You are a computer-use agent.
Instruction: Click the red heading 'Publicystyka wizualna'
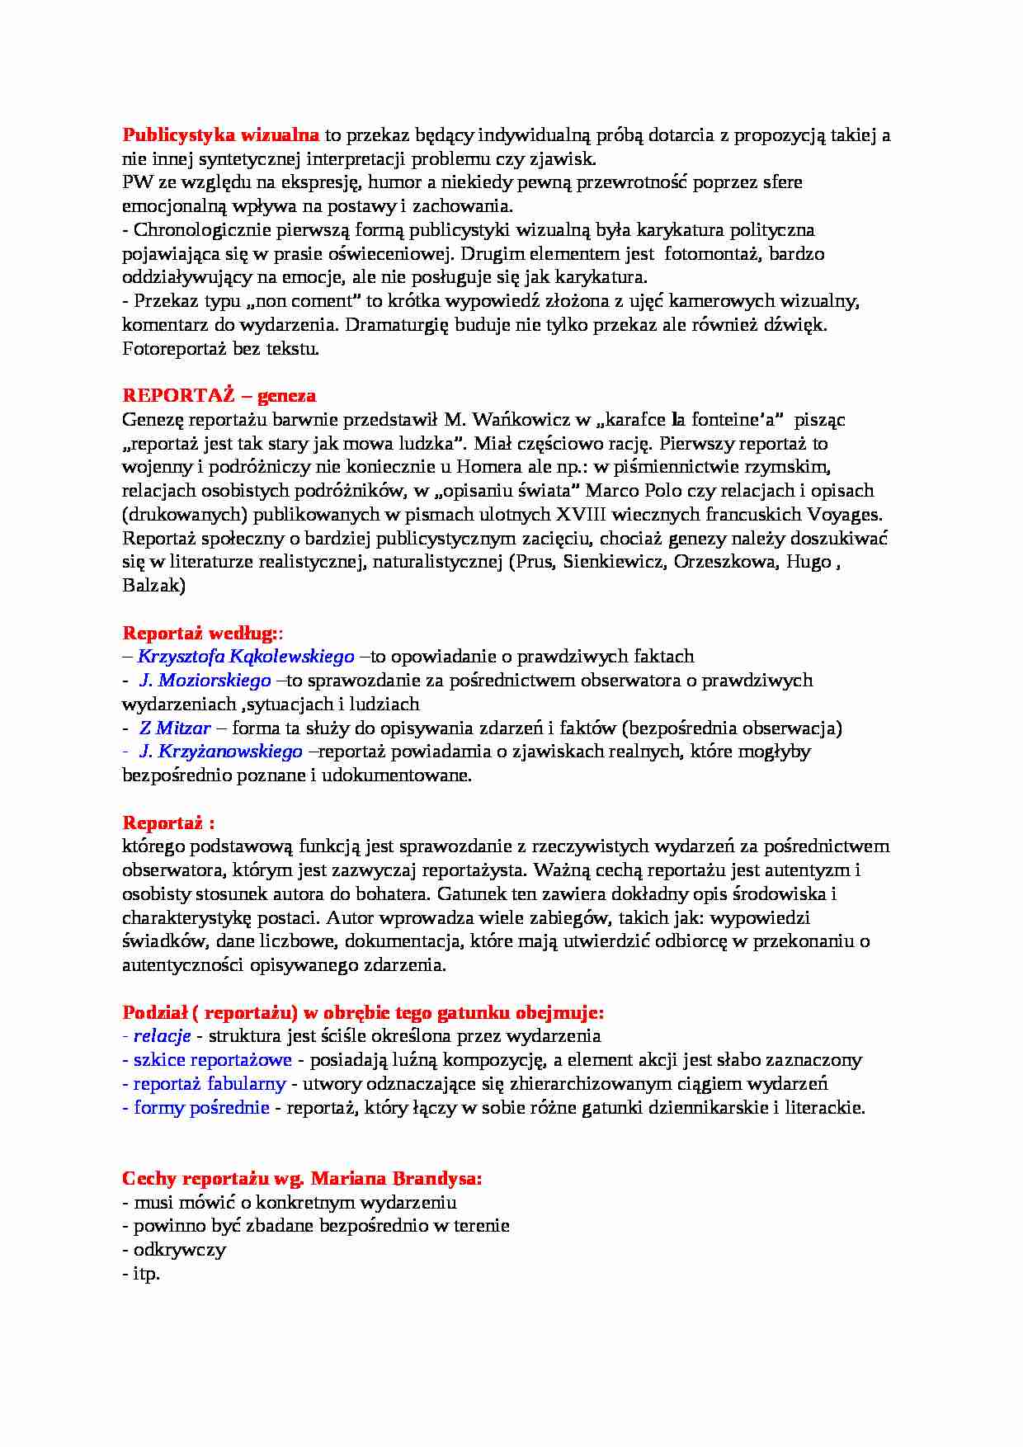[x=220, y=135]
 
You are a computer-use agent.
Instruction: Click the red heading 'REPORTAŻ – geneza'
[x=219, y=396]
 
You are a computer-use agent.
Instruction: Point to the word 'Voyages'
[x=846, y=515]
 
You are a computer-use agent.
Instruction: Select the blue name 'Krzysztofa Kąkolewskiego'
[x=245, y=657]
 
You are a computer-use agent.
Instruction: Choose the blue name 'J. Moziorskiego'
[x=205, y=681]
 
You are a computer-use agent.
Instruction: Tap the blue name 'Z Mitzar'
[x=174, y=728]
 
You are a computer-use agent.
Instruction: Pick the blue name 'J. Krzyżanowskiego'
[x=220, y=752]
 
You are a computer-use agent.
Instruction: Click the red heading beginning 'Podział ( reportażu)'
[x=363, y=1012]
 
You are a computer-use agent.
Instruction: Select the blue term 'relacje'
[x=162, y=1036]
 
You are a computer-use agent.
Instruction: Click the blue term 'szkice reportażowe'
[x=212, y=1060]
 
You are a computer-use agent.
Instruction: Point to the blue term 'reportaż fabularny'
[x=209, y=1084]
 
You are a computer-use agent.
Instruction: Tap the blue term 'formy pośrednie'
[x=201, y=1108]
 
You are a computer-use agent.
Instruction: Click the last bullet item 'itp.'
[x=146, y=1274]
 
